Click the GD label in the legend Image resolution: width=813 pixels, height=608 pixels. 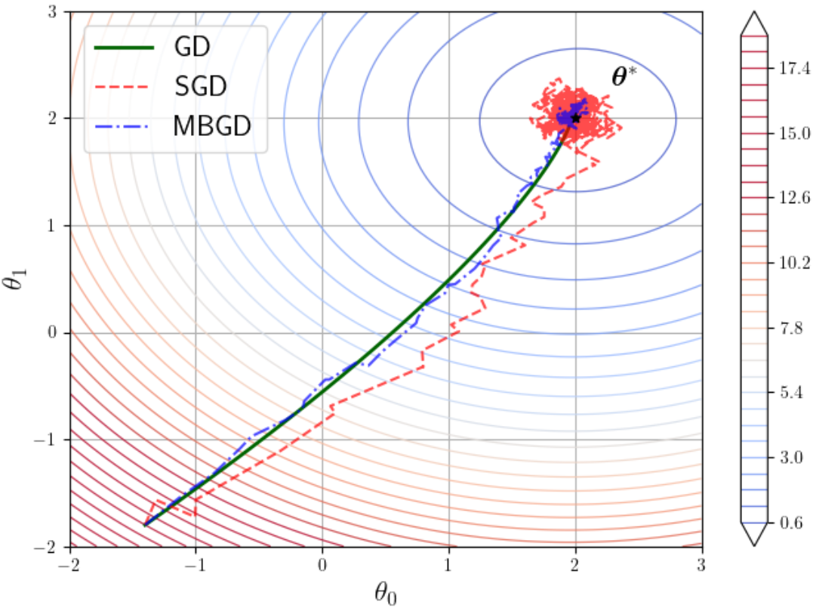[x=192, y=48]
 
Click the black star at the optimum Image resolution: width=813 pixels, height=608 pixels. [x=576, y=118]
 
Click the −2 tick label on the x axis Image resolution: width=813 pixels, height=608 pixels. [x=69, y=566]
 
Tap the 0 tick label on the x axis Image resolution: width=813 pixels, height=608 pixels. [x=322, y=566]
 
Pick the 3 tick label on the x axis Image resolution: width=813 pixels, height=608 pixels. [x=701, y=566]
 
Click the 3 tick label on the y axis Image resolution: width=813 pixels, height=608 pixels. [x=54, y=12]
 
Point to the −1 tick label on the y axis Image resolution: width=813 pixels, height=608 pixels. [x=48, y=440]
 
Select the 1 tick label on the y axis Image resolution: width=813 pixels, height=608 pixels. [x=54, y=226]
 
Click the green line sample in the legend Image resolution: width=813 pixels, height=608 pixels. [x=124, y=48]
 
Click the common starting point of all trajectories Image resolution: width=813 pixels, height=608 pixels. [x=146, y=524]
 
